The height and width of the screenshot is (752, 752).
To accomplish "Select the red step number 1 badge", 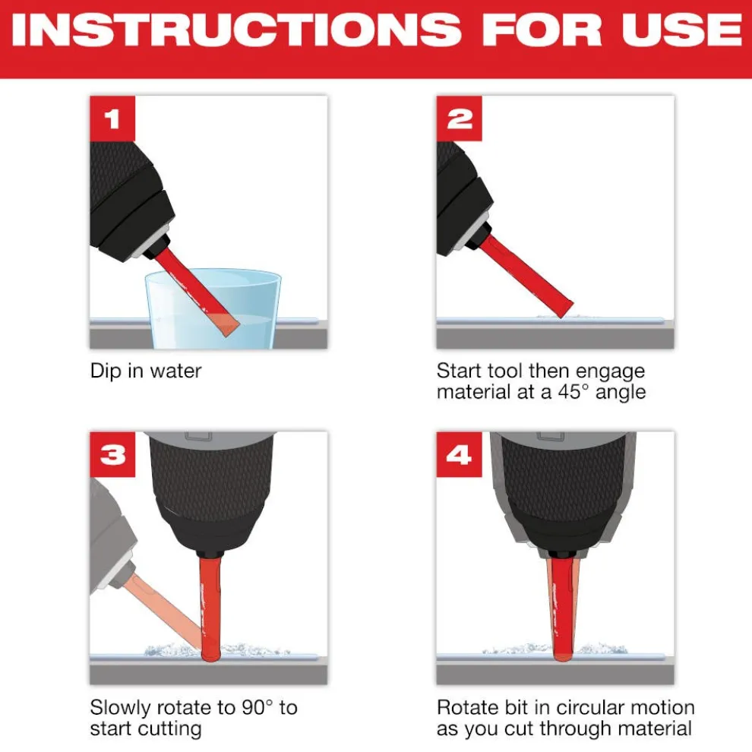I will click(112, 119).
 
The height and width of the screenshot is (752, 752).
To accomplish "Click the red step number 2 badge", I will click(459, 119).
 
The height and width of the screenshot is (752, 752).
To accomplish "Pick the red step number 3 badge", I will click(112, 455).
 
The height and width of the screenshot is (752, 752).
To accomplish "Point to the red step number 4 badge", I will click(459, 455).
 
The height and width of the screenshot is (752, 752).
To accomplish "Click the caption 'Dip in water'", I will click(145, 371).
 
